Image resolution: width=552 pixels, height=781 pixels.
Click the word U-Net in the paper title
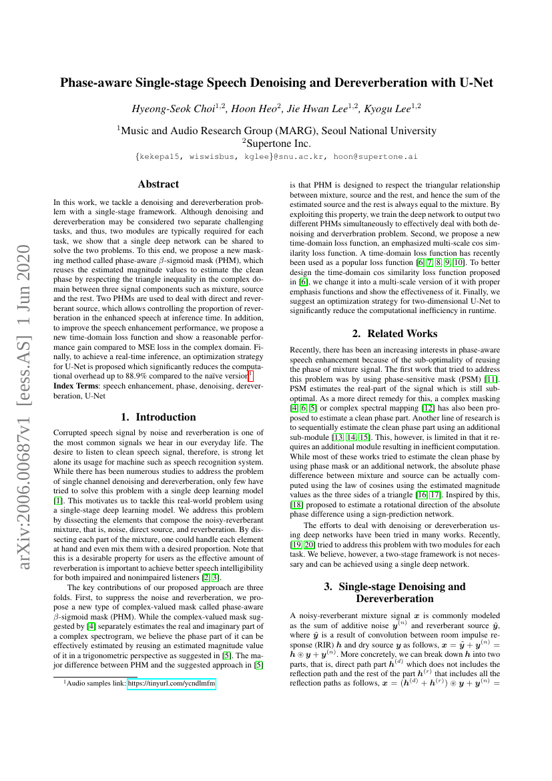(x=474, y=83)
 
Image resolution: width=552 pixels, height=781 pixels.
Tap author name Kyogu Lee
(x=392, y=107)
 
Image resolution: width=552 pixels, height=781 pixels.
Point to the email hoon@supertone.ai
(x=376, y=157)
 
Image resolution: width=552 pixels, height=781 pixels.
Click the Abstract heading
(x=158, y=184)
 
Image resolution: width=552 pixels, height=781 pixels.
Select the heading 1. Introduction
(x=158, y=417)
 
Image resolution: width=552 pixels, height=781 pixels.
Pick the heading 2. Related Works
(x=394, y=333)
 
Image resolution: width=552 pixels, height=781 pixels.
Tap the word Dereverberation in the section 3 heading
(x=394, y=599)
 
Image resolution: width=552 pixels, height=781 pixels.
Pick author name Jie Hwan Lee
(x=322, y=107)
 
